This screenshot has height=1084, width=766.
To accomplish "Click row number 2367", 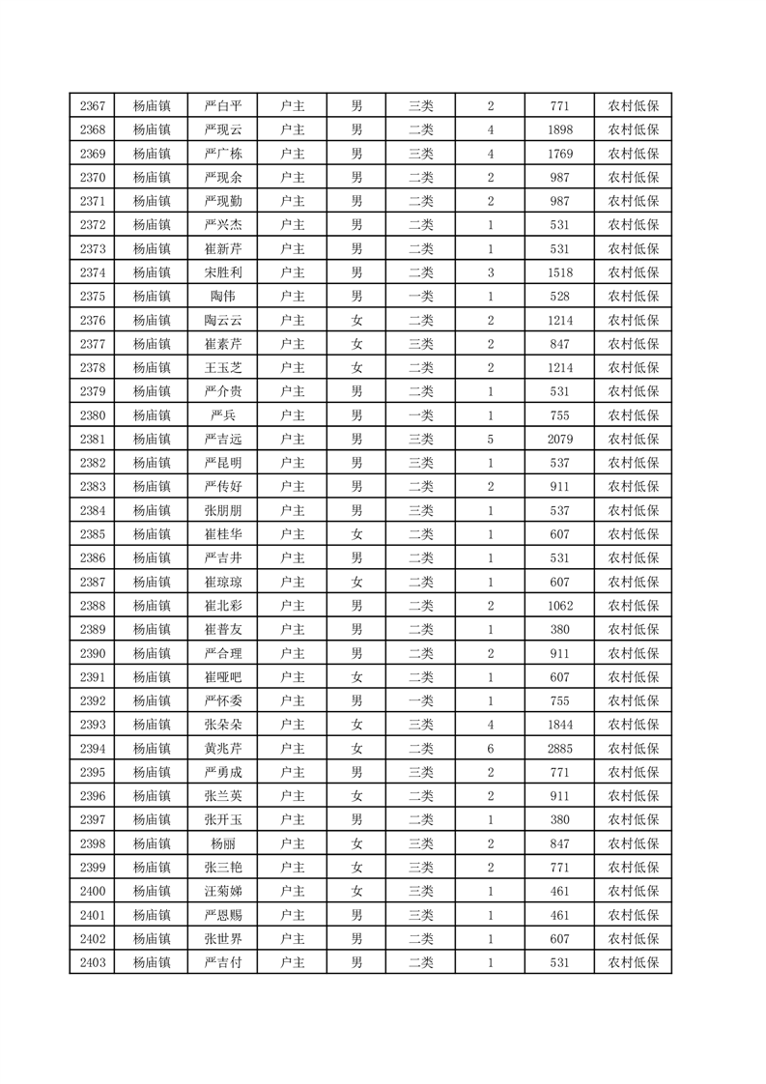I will point(93,106).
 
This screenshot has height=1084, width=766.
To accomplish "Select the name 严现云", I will point(223,130).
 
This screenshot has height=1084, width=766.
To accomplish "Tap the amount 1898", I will point(559,130).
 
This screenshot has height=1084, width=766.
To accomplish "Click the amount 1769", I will point(559,154).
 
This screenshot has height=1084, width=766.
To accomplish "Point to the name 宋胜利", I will point(223,272).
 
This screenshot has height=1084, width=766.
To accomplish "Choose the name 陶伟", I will point(223,297).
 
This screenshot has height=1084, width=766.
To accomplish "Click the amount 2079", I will point(559,440).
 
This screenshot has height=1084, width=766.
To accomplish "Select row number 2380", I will point(93,415).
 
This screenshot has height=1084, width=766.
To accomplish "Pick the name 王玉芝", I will point(223,368).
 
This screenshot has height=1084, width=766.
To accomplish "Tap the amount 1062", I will point(559,606).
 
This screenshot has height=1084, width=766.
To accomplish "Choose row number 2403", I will point(93,962).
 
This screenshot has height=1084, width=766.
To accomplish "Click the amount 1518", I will point(559,272).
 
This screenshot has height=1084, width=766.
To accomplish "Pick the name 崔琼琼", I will point(223,582).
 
